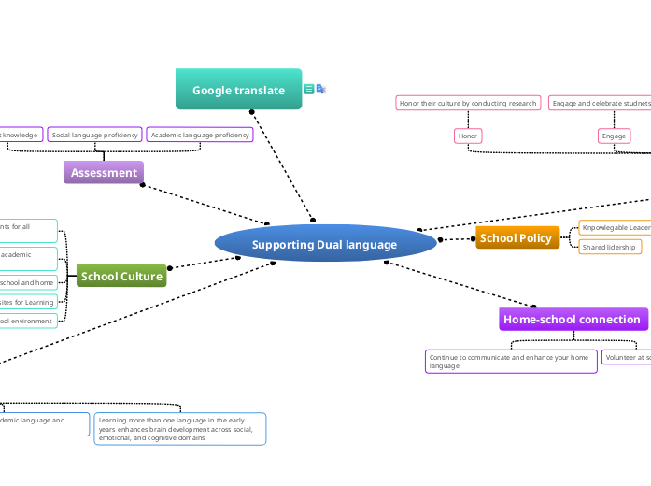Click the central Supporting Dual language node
(x=325, y=244)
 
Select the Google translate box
(x=238, y=90)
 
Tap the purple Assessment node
(x=104, y=172)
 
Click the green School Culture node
(x=121, y=276)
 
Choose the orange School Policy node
(x=517, y=238)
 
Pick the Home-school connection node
(x=573, y=320)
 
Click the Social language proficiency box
(x=94, y=135)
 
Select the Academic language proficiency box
(x=200, y=135)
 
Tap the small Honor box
(x=468, y=136)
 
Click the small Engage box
(x=614, y=136)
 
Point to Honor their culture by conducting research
(x=467, y=103)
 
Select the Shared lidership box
(x=609, y=247)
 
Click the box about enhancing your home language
(x=510, y=362)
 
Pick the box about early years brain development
(x=179, y=429)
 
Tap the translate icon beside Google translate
(x=320, y=89)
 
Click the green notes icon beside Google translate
(x=308, y=89)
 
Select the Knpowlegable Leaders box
(x=615, y=227)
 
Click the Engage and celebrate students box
(x=600, y=103)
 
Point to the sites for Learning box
(x=28, y=302)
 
